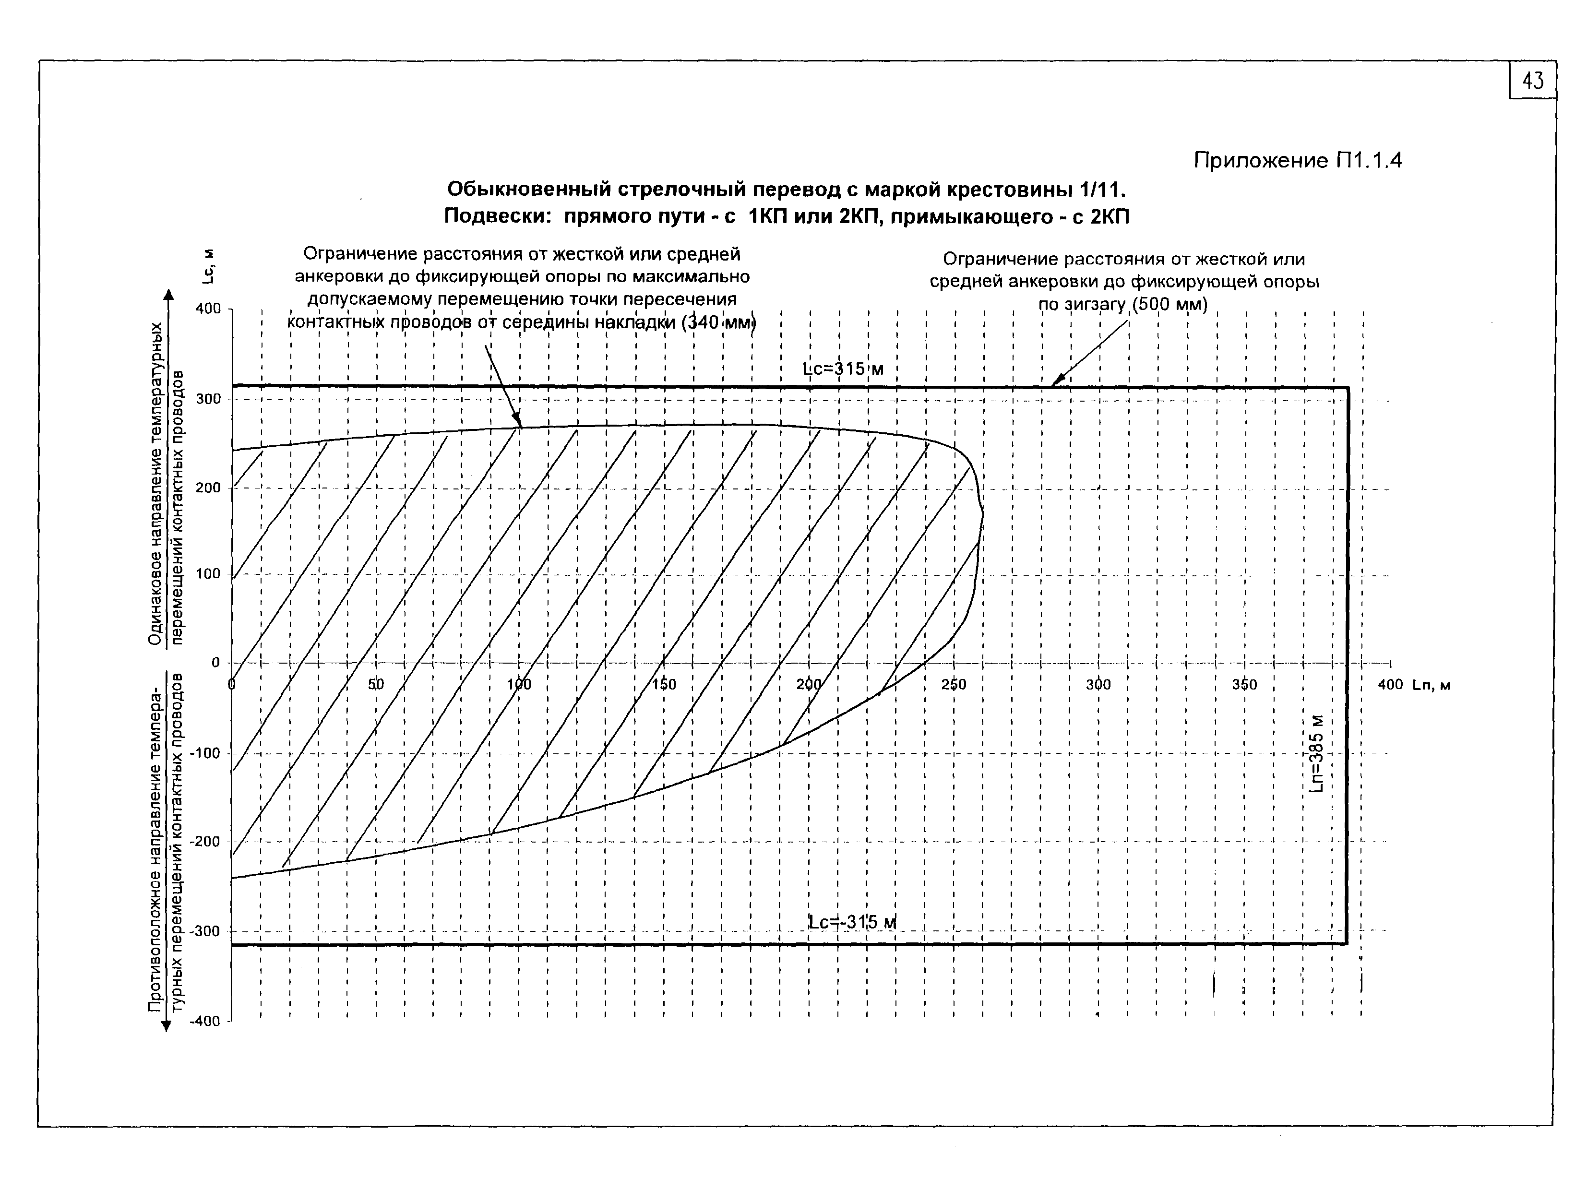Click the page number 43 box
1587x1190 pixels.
coord(1532,80)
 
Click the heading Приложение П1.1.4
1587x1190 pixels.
coord(1297,160)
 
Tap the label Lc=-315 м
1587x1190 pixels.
coord(852,922)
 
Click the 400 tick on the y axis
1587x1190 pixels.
coord(208,309)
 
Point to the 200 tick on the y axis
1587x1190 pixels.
coord(208,488)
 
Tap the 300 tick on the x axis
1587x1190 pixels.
coord(1098,684)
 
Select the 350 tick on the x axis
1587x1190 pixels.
coord(1244,684)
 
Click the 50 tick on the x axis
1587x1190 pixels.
coord(376,684)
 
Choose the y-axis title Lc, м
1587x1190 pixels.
coord(208,265)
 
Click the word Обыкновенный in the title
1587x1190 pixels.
coord(527,190)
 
